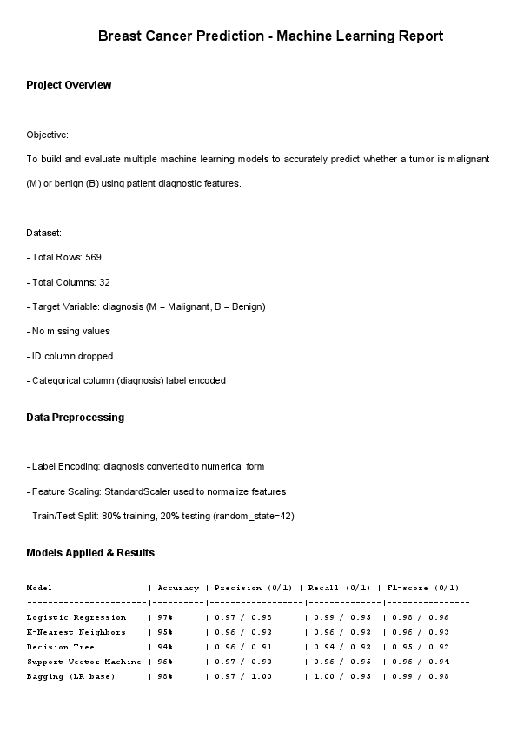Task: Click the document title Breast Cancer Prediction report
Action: pyautogui.click(x=270, y=36)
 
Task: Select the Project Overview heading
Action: pyautogui.click(x=69, y=85)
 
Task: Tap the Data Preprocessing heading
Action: pyautogui.click(x=75, y=418)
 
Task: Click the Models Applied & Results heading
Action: pyautogui.click(x=90, y=553)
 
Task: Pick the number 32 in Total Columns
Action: pyautogui.click(x=104, y=282)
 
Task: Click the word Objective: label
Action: pyautogui.click(x=47, y=135)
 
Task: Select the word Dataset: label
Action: pyautogui.click(x=43, y=234)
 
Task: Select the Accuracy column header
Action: pyautogui.click(x=178, y=588)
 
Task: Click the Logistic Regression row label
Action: pyautogui.click(x=76, y=617)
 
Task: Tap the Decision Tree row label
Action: pyautogui.click(x=58, y=647)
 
